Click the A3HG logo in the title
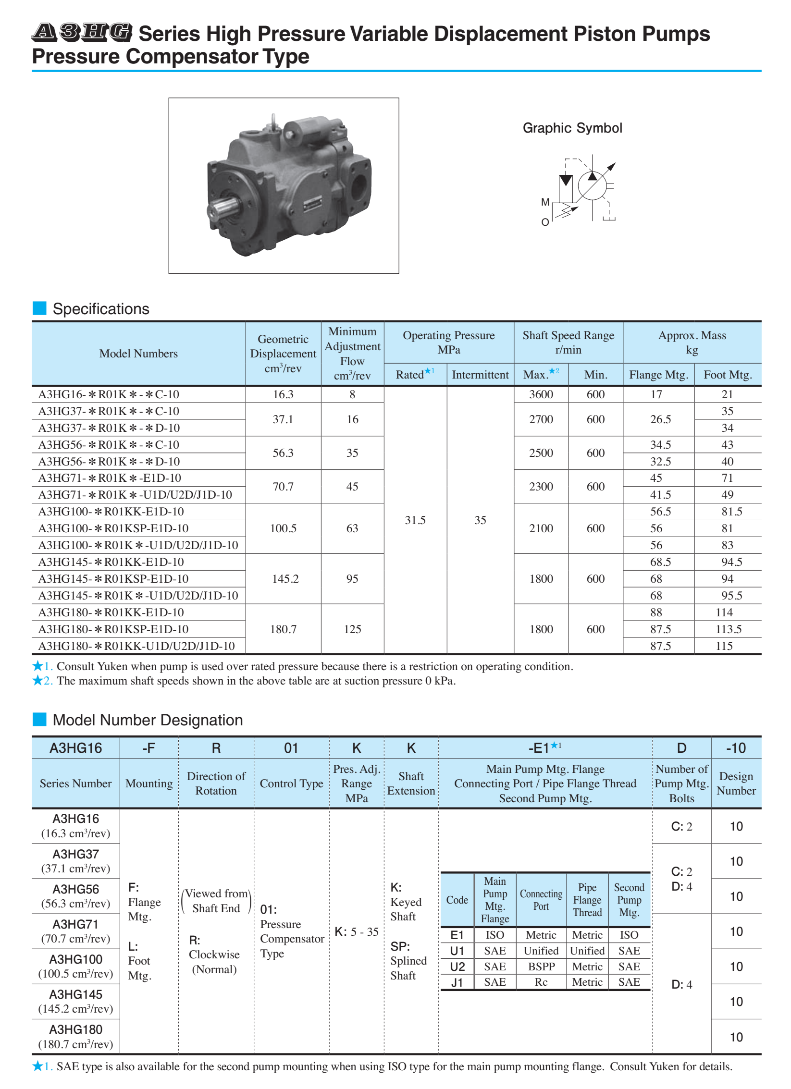coord(82,32)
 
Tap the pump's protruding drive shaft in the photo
coord(224,208)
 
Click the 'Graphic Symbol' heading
coord(572,128)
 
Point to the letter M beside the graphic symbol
coord(545,202)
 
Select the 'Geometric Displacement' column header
coord(283,353)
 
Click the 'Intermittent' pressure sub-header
coord(480,375)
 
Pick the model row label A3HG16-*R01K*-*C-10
coord(109,394)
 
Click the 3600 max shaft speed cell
coord(541,394)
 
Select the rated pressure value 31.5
coord(415,520)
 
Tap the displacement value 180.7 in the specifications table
coord(283,629)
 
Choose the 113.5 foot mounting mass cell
coord(728,629)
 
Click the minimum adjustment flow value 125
coord(352,629)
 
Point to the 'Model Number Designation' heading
coord(148,720)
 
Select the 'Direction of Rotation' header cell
coord(216,783)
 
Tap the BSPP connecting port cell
coord(541,967)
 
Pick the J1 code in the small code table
coord(457,982)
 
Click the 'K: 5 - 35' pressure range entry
coord(357,932)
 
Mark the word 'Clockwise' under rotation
coord(214,954)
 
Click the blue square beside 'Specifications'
coord(39,308)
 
